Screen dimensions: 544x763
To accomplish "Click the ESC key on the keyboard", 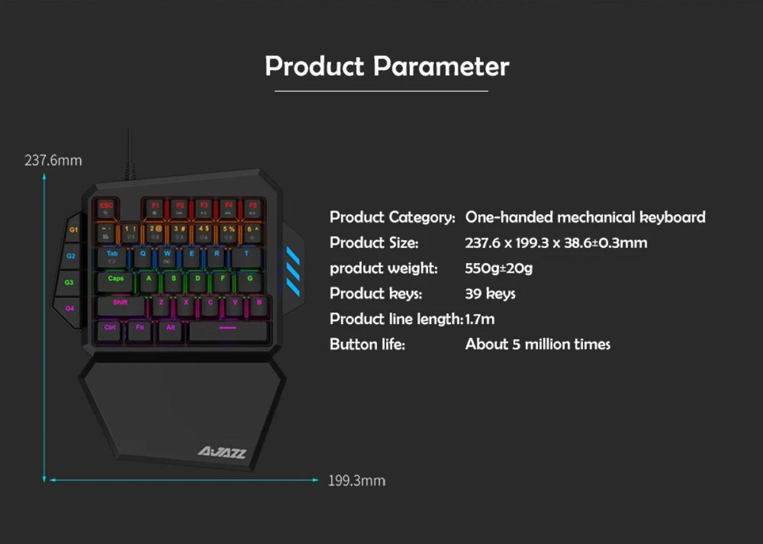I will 106,208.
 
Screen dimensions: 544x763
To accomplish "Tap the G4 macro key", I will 70,309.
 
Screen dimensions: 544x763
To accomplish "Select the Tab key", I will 113,256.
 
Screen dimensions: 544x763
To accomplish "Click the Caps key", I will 116,280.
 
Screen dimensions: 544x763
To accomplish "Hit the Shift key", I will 120,305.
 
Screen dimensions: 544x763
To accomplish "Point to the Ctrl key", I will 110,329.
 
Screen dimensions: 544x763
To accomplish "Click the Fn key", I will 140,329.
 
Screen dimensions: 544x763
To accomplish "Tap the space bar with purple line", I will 228,330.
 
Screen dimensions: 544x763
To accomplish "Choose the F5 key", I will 252,208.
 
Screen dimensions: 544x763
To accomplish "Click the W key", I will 167,256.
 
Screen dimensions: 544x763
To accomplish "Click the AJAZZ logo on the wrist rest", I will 221,452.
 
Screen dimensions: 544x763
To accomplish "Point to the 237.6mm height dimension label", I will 53,160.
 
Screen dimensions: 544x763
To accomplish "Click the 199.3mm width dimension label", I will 357,480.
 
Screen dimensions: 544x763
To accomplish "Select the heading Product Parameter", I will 387,66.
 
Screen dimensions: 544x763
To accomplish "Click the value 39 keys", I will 490,294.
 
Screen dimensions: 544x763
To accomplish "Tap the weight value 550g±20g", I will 499,268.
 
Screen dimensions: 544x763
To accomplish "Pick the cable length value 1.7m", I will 480,319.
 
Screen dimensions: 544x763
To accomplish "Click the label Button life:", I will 367,344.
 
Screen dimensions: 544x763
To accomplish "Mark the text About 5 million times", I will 538,344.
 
